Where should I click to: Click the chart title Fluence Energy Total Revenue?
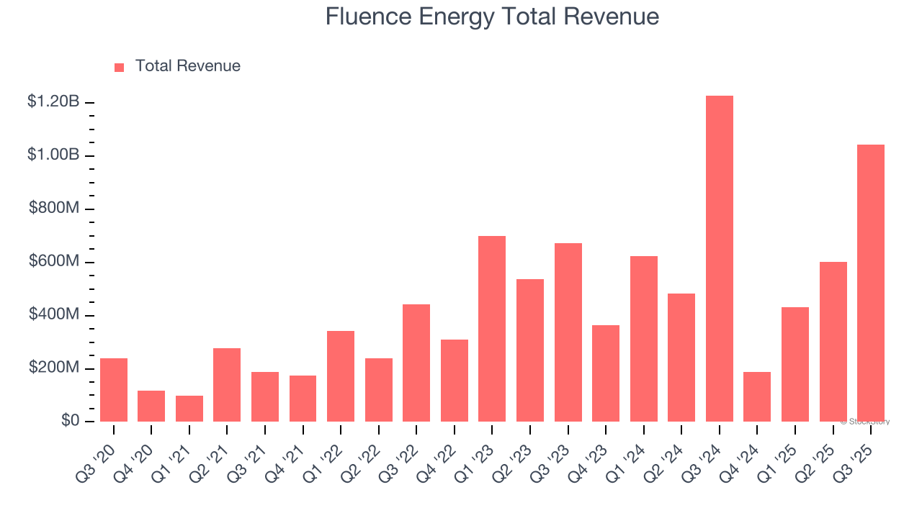coord(492,17)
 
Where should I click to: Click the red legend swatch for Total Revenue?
coord(120,67)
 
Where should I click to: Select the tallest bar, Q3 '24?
coord(720,258)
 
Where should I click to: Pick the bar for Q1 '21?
coord(189,409)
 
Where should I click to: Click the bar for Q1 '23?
coord(492,329)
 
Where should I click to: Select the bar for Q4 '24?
coord(757,396)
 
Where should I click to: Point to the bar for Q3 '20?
coord(114,390)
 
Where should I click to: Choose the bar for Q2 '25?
coord(833,342)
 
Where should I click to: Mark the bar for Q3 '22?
coord(416,363)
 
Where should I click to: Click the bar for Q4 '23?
coord(606,373)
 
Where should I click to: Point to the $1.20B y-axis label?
coord(53,102)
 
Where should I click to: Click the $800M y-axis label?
coord(54,209)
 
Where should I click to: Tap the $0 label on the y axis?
coord(70,421)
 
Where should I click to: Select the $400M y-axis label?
coord(54,315)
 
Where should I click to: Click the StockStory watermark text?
coord(865,422)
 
